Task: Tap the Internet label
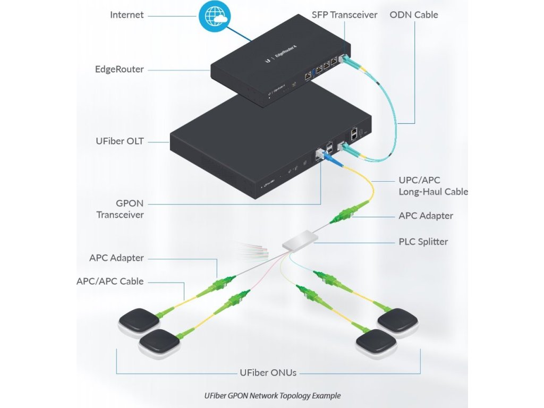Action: pyautogui.click(x=126, y=15)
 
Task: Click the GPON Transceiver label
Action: pyautogui.click(x=120, y=209)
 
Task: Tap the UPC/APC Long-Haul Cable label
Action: pyautogui.click(x=433, y=185)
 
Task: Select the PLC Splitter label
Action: pyautogui.click(x=423, y=242)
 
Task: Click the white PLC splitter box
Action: pyautogui.click(x=299, y=243)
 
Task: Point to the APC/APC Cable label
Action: pyautogui.click(x=110, y=281)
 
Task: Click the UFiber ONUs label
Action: pyautogui.click(x=268, y=372)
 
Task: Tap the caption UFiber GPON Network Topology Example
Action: pyautogui.click(x=272, y=396)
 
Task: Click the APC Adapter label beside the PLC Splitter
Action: pyautogui.click(x=426, y=216)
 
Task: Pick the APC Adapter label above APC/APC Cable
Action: pyautogui.click(x=116, y=258)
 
